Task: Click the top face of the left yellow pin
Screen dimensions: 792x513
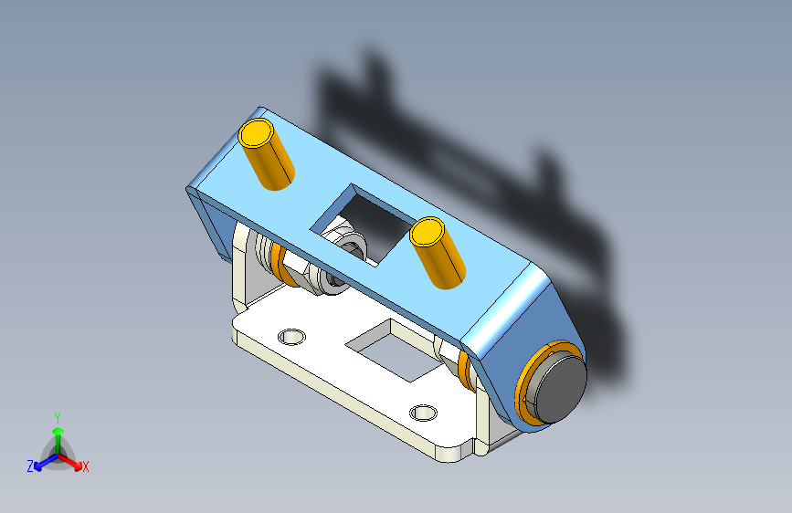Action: [x=256, y=132]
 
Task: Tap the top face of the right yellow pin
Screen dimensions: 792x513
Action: [x=427, y=232]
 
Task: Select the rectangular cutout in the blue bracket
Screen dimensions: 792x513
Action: [x=362, y=225]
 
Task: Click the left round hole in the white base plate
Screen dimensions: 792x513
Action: [x=291, y=336]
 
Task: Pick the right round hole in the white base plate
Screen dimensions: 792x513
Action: [x=423, y=413]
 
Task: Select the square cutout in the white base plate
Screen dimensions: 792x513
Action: [x=395, y=350]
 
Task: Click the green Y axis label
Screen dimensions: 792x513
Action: [x=58, y=418]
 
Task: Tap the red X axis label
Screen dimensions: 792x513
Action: [x=85, y=466]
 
